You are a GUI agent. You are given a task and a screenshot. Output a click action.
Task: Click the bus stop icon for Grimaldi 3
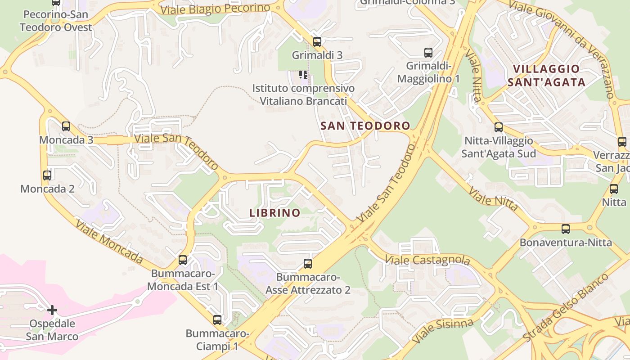click(317, 42)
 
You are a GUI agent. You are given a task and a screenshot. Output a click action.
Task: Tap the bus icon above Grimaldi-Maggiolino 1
click(428, 53)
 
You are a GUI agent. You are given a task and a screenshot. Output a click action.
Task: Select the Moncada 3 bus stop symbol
click(66, 126)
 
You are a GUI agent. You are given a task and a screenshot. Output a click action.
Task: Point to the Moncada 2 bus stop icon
click(47, 175)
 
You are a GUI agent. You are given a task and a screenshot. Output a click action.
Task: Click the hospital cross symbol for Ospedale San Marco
click(52, 310)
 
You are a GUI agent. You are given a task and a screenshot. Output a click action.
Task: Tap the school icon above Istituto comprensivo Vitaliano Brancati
click(303, 75)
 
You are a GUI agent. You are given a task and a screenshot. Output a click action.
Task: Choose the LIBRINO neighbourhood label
click(274, 213)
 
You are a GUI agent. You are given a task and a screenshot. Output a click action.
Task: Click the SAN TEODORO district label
click(365, 126)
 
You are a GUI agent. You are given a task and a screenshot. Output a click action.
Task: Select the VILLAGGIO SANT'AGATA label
click(549, 76)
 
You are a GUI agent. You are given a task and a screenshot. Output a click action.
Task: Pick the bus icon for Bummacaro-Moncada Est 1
click(183, 260)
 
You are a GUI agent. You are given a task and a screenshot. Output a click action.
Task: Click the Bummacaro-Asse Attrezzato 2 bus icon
click(308, 264)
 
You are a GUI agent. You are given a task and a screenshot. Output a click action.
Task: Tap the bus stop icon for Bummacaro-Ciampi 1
click(217, 320)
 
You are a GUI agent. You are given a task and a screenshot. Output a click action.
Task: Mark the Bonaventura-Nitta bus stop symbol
click(566, 229)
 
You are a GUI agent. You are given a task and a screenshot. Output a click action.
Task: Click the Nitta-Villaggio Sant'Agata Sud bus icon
click(499, 127)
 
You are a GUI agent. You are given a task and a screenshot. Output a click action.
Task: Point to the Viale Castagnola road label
click(427, 260)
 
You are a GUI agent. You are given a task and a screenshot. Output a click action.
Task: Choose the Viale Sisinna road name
click(442, 330)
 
